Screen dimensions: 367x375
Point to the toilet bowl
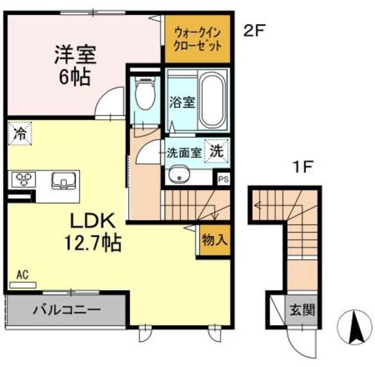(x=144, y=95)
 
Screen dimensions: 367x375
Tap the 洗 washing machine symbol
(x=216, y=150)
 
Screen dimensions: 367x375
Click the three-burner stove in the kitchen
(x=24, y=179)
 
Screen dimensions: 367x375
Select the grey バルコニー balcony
(x=66, y=309)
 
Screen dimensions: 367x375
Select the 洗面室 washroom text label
(x=183, y=152)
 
